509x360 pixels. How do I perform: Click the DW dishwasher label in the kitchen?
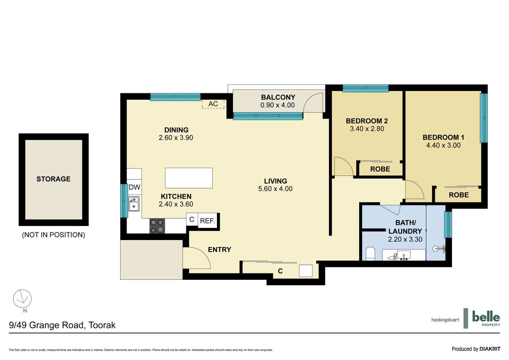[134, 187]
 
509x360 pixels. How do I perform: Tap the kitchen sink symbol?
[134, 204]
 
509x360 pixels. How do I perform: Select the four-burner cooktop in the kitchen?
[157, 226]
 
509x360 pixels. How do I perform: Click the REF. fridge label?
[207, 221]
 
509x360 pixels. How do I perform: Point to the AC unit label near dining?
[213, 104]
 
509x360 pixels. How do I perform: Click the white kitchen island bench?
[189, 178]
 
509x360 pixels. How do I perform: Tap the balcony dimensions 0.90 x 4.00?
[277, 105]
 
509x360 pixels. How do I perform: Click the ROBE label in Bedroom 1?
[458, 195]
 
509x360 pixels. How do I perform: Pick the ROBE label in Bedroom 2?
[380, 169]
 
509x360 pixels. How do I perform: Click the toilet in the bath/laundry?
[370, 254]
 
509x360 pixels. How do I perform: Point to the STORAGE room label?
[53, 179]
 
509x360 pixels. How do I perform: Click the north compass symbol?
[22, 299]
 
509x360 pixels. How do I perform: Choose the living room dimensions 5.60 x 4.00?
[275, 189]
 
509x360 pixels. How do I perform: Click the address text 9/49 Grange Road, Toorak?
[62, 325]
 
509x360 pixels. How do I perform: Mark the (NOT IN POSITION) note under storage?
[53, 235]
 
